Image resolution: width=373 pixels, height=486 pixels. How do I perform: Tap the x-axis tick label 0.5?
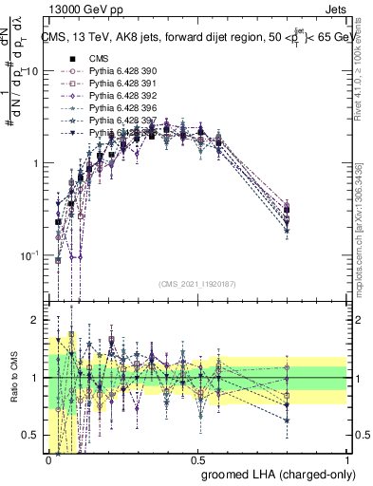coord(197,458)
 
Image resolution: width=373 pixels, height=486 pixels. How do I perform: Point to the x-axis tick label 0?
coord(48,458)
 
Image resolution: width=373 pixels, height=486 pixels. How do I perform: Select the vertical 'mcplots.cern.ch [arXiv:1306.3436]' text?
coord(364,228)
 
